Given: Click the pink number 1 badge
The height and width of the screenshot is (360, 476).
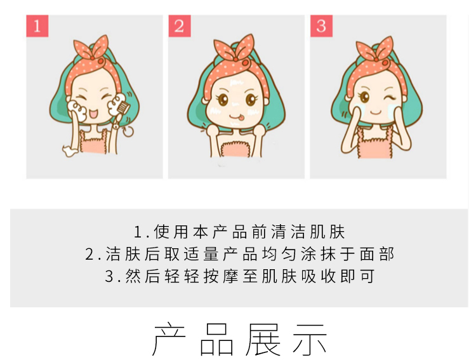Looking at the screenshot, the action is coord(37,26).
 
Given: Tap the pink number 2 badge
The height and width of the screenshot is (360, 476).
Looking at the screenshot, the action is coord(180,26).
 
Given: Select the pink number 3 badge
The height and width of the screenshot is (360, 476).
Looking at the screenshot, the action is coord(321,26).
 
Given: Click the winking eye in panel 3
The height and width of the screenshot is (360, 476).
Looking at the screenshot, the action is coord(390,97).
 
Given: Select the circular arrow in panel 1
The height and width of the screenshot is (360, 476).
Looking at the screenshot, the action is coord(128,131).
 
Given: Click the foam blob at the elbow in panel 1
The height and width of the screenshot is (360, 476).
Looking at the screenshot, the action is coord(69,150).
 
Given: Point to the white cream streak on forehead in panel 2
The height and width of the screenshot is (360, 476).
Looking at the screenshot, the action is coord(237,82).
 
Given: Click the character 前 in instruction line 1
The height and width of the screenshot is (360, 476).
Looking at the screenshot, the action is coord(260,232).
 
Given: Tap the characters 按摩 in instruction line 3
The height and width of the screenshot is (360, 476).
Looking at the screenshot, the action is coord(221,276).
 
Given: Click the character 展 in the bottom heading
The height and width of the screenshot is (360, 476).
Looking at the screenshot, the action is coord(263,339).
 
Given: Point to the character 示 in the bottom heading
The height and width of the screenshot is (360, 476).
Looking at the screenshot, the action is coord(310,339).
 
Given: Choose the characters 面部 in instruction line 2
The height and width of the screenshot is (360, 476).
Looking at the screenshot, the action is coord(377,254).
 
